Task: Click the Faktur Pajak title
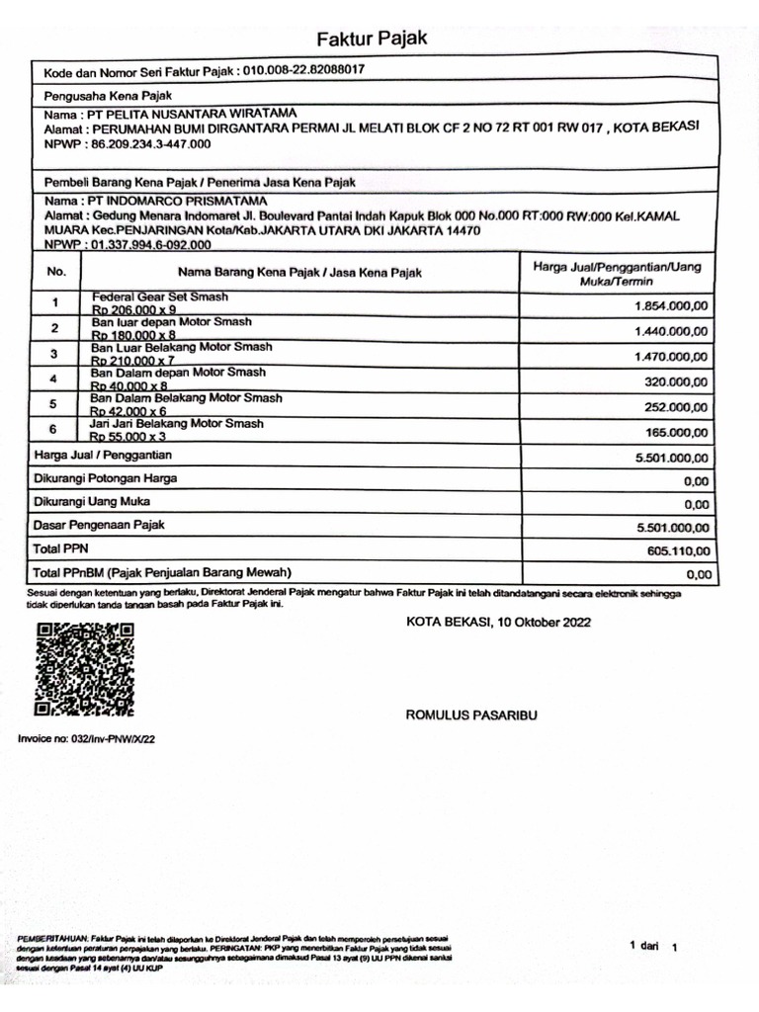pos(372,40)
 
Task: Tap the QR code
pos(84,670)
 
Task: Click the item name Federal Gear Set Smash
pos(160,296)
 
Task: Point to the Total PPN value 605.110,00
pos(678,550)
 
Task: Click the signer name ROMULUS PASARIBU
pos(471,714)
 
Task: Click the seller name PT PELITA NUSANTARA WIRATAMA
pos(207,115)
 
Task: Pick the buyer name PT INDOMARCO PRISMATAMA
pos(188,202)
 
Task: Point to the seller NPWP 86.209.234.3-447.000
pos(150,144)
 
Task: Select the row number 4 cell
pos(55,379)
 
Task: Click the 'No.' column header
pos(56,271)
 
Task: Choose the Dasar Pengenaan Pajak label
pos(100,525)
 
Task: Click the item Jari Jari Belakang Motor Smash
pos(177,423)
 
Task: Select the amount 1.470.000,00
pos(671,357)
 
